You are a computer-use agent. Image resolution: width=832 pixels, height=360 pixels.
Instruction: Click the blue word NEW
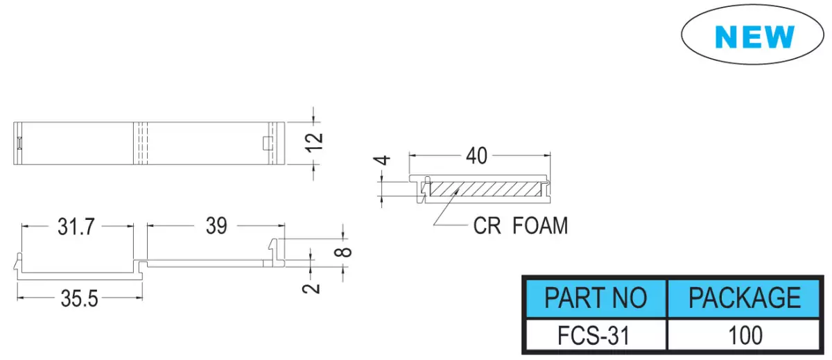point(754,37)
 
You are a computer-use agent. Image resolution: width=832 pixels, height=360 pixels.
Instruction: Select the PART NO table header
point(596,298)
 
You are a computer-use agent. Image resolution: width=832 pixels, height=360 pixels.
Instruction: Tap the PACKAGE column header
point(745,298)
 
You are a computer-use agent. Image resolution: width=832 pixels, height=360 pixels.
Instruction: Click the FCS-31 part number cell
point(593,336)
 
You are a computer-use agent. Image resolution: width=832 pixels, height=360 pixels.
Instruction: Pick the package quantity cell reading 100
point(745,336)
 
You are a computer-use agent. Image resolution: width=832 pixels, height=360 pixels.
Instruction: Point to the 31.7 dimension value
point(76,227)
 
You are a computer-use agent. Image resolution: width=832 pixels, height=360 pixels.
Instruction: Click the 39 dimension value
point(216,225)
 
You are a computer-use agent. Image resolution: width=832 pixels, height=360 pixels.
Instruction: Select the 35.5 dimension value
point(80,299)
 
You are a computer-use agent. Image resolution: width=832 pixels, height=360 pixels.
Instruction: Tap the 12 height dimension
point(314,142)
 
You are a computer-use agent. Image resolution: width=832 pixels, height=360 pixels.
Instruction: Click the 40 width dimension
point(476,156)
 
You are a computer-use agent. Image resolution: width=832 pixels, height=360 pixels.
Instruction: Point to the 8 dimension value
point(343,252)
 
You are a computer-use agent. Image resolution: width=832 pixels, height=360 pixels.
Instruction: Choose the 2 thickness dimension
point(311,289)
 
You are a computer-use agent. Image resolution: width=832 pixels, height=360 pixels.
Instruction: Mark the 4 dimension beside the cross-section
point(382,160)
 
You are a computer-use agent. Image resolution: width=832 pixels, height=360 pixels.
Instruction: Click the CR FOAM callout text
point(521,225)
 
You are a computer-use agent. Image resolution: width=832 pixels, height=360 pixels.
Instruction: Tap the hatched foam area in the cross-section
point(486,189)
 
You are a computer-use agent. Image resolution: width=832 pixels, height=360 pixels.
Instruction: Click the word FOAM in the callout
point(540,225)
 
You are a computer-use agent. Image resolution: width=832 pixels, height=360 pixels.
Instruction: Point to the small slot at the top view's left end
point(19,143)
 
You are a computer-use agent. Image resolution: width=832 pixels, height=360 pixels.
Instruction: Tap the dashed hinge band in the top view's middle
point(140,143)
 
